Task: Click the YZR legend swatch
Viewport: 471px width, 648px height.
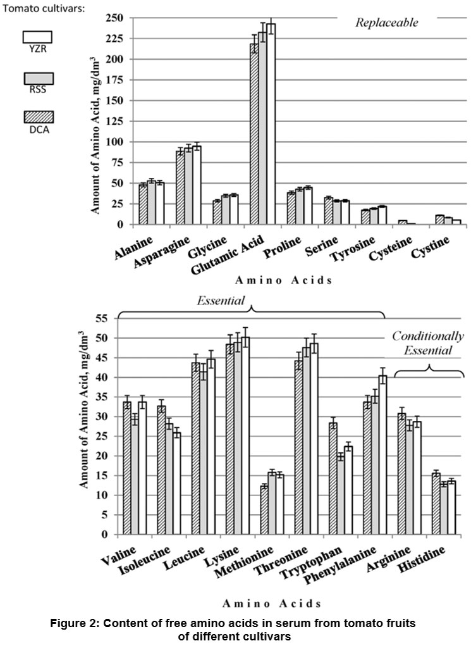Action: coord(38,38)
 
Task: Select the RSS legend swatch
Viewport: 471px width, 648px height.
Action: coord(38,78)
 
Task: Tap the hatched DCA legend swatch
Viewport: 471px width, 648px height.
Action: coord(38,117)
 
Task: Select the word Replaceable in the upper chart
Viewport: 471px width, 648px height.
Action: coord(386,23)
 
